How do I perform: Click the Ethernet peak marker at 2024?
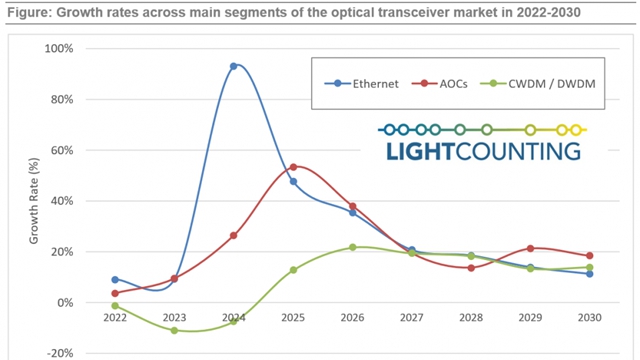coord(233,66)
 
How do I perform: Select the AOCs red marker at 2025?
coord(293,166)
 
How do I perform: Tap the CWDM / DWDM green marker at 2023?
coord(174,330)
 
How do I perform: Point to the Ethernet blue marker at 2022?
coord(115,280)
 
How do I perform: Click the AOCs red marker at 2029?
coord(530,248)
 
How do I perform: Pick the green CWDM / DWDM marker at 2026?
coord(352,247)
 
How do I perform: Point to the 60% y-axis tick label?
coord(62,150)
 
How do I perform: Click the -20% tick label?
coord(60,352)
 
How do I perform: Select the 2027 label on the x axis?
coord(411,318)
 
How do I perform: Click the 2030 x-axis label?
coord(589,318)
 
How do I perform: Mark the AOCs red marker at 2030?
coord(589,255)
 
